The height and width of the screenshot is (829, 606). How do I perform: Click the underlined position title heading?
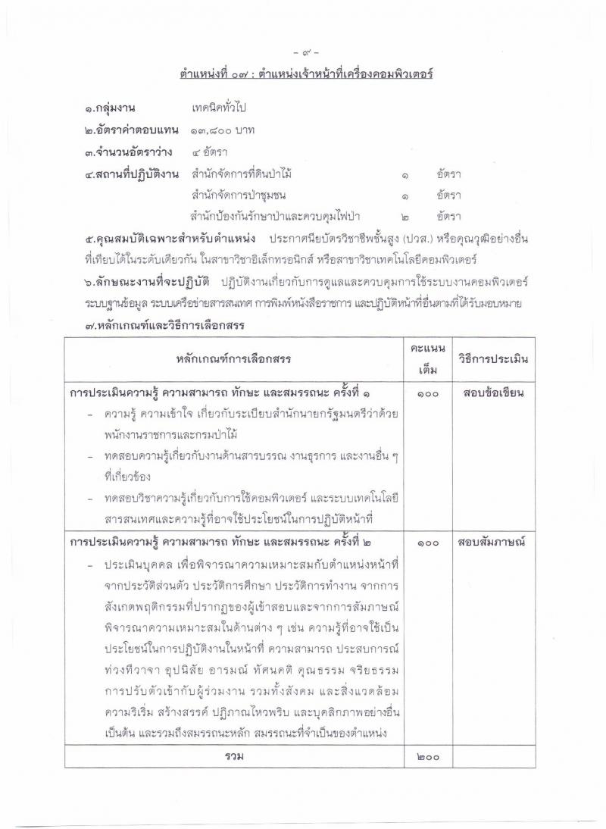tap(306, 74)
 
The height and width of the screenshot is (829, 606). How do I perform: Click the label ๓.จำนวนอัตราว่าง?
tap(130, 152)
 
